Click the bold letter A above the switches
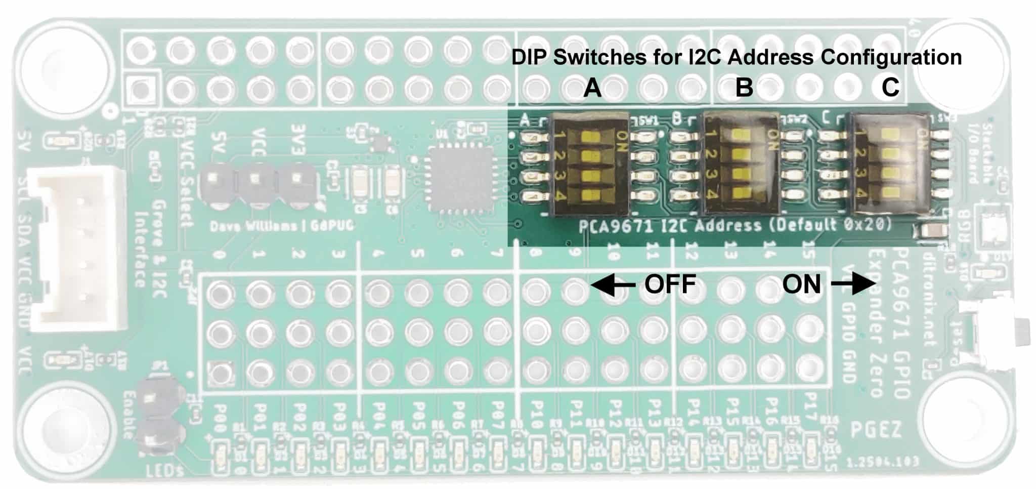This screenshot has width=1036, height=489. click(592, 88)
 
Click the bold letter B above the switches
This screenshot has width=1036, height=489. click(744, 88)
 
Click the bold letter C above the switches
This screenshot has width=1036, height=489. click(890, 88)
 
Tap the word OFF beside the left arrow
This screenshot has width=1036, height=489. click(670, 285)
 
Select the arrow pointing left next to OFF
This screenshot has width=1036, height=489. click(613, 285)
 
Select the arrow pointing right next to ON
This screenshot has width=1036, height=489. click(854, 285)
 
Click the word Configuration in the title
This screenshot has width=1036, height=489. click(891, 57)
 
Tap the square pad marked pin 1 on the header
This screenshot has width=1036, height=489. click(142, 90)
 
